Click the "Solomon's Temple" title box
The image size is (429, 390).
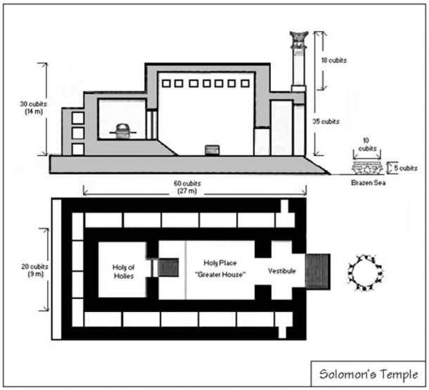[x=370, y=372]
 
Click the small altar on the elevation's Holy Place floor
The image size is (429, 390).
[x=211, y=150]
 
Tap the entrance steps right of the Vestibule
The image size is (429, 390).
[x=319, y=271]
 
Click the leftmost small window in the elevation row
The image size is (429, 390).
[x=165, y=83]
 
